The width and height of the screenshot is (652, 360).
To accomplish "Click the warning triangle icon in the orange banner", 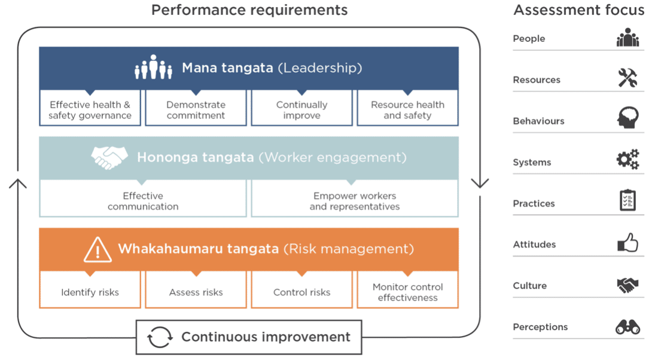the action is point(98,250).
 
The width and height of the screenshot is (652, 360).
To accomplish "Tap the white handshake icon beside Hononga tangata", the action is point(109,157).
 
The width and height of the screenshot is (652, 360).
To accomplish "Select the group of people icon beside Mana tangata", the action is point(154,67).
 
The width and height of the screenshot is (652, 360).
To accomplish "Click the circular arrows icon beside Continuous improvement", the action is point(160,337).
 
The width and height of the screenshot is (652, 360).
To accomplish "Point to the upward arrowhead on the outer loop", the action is point(18,184).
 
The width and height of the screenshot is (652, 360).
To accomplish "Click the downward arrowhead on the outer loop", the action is point(480,184).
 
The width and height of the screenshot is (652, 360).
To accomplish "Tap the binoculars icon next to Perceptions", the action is point(628,327).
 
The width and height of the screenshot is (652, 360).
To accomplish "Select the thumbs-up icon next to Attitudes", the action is point(628,243).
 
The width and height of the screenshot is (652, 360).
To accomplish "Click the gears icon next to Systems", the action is point(628,159).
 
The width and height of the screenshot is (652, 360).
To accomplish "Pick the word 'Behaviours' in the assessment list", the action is point(538,121).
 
